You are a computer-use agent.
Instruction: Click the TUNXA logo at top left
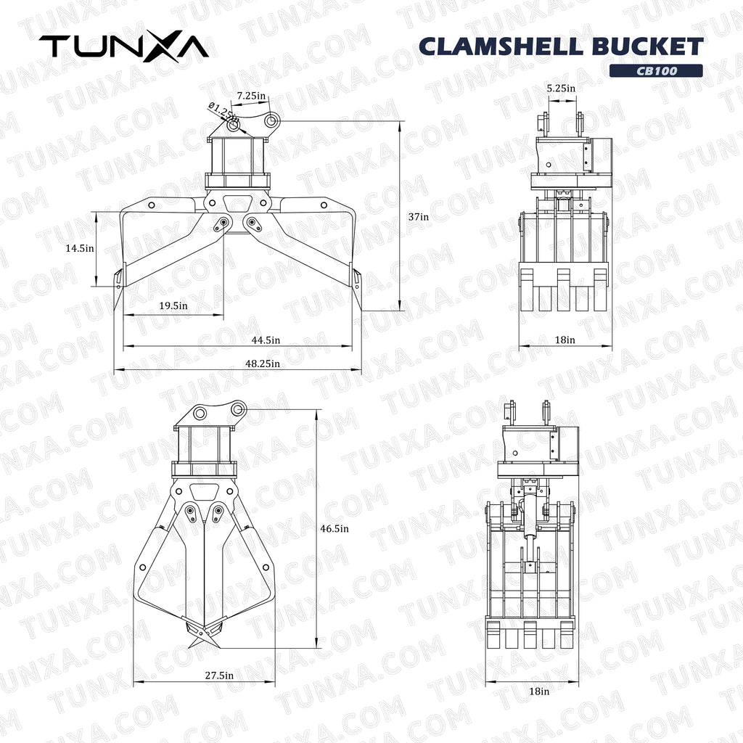(x=123, y=46)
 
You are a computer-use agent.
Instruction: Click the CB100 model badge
(x=655, y=70)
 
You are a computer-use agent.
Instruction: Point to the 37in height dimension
(x=418, y=216)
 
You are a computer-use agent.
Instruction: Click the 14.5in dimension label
(x=79, y=247)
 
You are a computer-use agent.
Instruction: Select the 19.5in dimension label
(x=173, y=305)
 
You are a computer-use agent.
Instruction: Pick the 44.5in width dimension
(x=266, y=340)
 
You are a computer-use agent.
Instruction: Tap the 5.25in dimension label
(x=561, y=88)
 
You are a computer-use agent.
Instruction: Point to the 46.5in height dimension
(x=334, y=528)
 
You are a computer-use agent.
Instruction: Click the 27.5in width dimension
(x=218, y=675)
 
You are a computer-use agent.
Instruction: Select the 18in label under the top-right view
(x=565, y=339)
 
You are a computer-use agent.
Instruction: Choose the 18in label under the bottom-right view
(x=538, y=691)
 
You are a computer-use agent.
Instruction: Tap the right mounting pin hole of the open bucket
(x=271, y=120)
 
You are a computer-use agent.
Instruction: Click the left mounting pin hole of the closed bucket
(x=200, y=414)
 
